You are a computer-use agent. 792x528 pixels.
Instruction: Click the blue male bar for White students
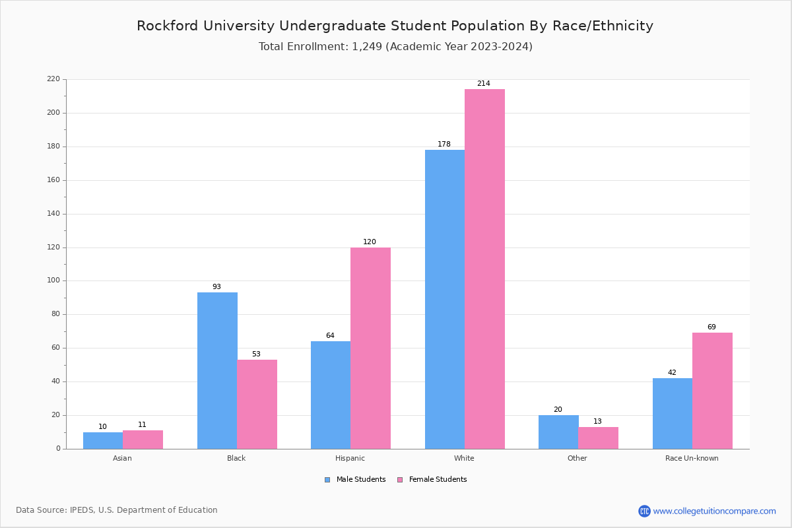(444, 299)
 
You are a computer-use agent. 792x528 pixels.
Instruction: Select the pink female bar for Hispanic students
(370, 348)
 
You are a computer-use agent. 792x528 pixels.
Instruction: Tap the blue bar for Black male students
(217, 370)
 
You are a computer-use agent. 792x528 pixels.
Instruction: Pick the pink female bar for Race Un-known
(712, 391)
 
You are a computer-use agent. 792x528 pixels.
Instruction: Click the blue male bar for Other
(558, 432)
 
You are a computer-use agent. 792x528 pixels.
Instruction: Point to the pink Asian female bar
(143, 440)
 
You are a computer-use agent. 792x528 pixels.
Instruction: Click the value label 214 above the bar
(484, 84)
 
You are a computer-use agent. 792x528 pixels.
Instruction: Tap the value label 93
(216, 287)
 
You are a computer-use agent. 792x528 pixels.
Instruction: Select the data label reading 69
(711, 327)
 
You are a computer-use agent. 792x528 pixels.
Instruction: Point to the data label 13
(597, 422)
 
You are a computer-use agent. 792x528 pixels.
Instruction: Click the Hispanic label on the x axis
(350, 458)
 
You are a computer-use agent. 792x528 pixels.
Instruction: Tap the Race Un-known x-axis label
(692, 458)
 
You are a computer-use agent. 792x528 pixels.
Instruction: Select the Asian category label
(122, 458)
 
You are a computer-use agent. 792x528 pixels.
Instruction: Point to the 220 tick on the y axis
(53, 79)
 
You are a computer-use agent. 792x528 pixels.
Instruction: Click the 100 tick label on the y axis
(53, 280)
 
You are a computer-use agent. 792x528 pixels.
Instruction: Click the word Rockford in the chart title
(170, 26)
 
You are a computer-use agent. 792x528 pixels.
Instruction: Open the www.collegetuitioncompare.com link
(714, 511)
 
